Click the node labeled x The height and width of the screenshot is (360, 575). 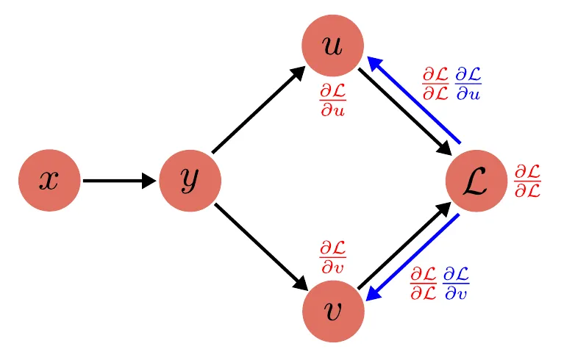click(x=49, y=180)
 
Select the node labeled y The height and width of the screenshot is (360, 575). click(x=190, y=180)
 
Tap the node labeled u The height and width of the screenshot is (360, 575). click(x=333, y=46)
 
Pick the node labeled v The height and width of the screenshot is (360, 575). click(x=333, y=312)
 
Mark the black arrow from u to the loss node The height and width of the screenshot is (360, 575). click(x=404, y=112)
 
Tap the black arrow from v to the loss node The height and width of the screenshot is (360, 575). click(x=404, y=246)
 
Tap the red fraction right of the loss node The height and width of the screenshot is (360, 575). click(x=526, y=181)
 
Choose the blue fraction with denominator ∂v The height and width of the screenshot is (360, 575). click(x=456, y=283)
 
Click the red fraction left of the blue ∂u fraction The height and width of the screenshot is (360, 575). click(x=435, y=84)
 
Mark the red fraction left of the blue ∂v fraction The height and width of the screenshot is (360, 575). click(x=424, y=283)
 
